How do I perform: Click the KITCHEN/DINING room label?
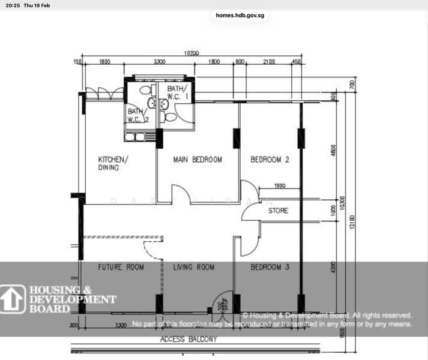click(x=113, y=163)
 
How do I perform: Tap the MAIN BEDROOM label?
click(x=197, y=160)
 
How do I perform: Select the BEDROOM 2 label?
click(x=270, y=160)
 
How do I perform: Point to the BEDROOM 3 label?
click(x=270, y=267)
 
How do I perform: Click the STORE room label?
click(x=278, y=211)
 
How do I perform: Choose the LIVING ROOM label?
click(x=194, y=267)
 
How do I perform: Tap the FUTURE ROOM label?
click(x=121, y=267)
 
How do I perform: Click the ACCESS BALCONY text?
click(x=188, y=340)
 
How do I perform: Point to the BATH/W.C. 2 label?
click(x=137, y=115)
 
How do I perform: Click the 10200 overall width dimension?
click(x=191, y=53)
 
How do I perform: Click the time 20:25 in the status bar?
click(x=12, y=5)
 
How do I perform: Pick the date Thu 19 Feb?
click(x=37, y=5)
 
